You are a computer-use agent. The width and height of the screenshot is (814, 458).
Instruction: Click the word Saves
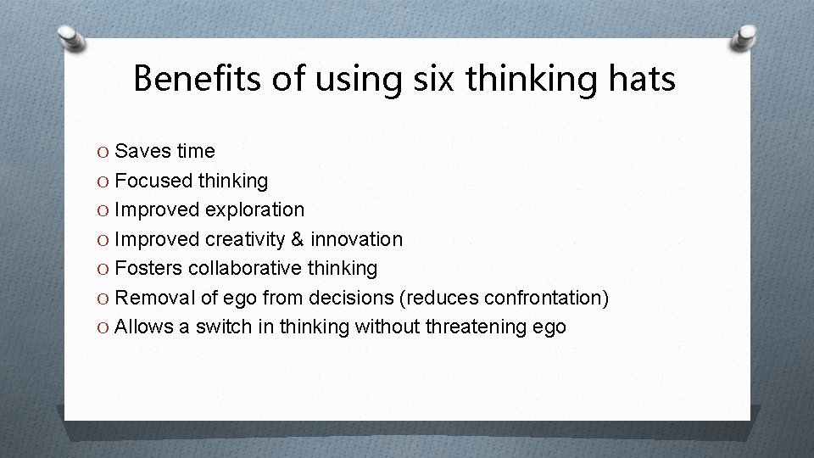[142, 152]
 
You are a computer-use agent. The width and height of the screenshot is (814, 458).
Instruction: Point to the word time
[195, 152]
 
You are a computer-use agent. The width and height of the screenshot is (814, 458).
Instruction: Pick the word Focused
[153, 181]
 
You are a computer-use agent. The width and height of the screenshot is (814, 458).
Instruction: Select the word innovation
[365, 239]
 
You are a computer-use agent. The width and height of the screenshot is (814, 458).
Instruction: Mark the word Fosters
[148, 268]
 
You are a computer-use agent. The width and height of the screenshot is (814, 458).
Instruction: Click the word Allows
[144, 327]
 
